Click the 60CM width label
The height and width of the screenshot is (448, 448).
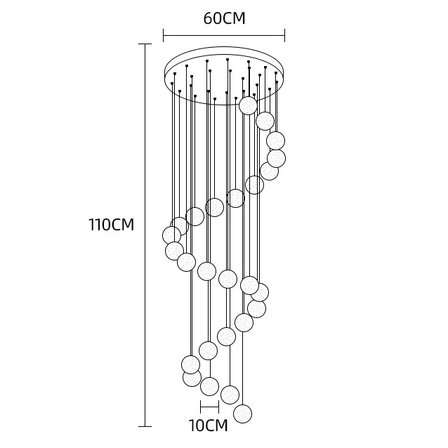(x=224, y=18)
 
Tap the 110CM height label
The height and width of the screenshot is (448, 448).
(x=111, y=225)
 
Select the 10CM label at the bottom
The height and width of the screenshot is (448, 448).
(x=209, y=425)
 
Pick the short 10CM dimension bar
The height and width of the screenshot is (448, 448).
(x=209, y=407)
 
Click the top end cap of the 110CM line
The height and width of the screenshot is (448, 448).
(x=144, y=44)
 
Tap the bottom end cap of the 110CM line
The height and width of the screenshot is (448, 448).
(x=144, y=426)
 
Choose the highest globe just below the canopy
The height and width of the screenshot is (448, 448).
(x=247, y=105)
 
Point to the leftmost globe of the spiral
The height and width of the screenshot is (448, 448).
(x=171, y=235)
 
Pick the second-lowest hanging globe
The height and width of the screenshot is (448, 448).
(x=230, y=394)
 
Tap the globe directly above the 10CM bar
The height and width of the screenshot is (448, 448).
(x=209, y=386)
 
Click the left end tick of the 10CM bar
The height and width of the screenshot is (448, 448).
(x=201, y=407)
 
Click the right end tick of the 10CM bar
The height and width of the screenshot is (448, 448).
(x=218, y=407)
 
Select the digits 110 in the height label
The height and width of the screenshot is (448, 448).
(x=100, y=225)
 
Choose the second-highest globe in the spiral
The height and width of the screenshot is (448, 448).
(x=265, y=121)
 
